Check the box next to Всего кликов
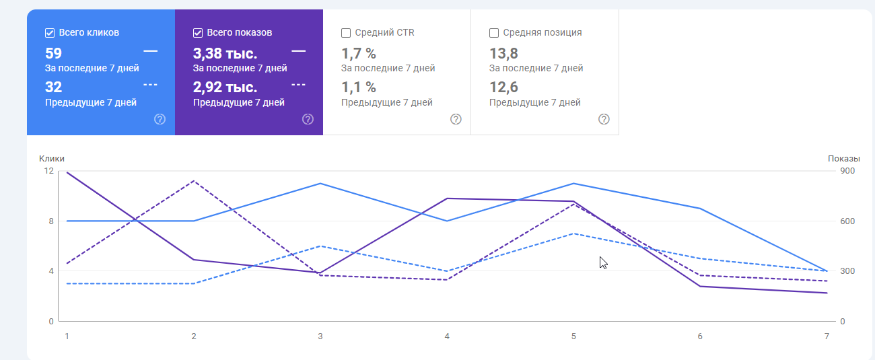tap(50, 32)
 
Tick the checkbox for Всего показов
tap(198, 32)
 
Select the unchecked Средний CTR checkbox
tap(346, 32)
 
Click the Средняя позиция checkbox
tap(494, 32)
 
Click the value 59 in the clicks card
tap(53, 53)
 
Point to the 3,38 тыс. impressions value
tap(225, 53)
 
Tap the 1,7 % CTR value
tap(358, 53)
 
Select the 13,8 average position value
tap(503, 53)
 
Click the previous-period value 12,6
tap(503, 87)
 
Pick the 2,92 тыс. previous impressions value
tap(225, 87)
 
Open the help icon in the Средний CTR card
tap(456, 119)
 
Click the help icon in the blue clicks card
tap(160, 119)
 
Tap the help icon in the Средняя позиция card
tap(604, 119)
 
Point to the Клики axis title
tap(52, 158)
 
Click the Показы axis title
tap(843, 158)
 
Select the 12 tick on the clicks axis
tap(48, 171)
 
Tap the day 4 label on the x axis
tap(447, 336)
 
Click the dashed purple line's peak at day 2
tap(194, 181)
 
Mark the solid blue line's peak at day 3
tap(320, 184)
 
